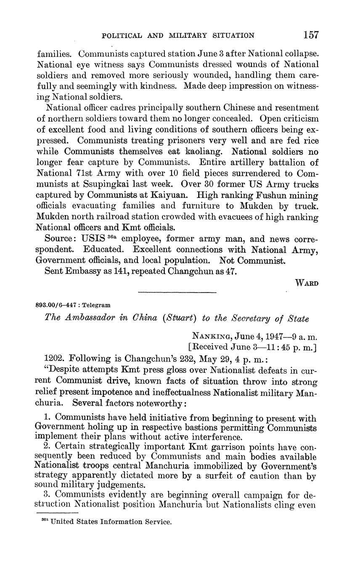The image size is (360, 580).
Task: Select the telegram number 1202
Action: pyautogui.click(x=54, y=359)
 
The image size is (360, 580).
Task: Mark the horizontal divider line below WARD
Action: pyautogui.click(x=177, y=292)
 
